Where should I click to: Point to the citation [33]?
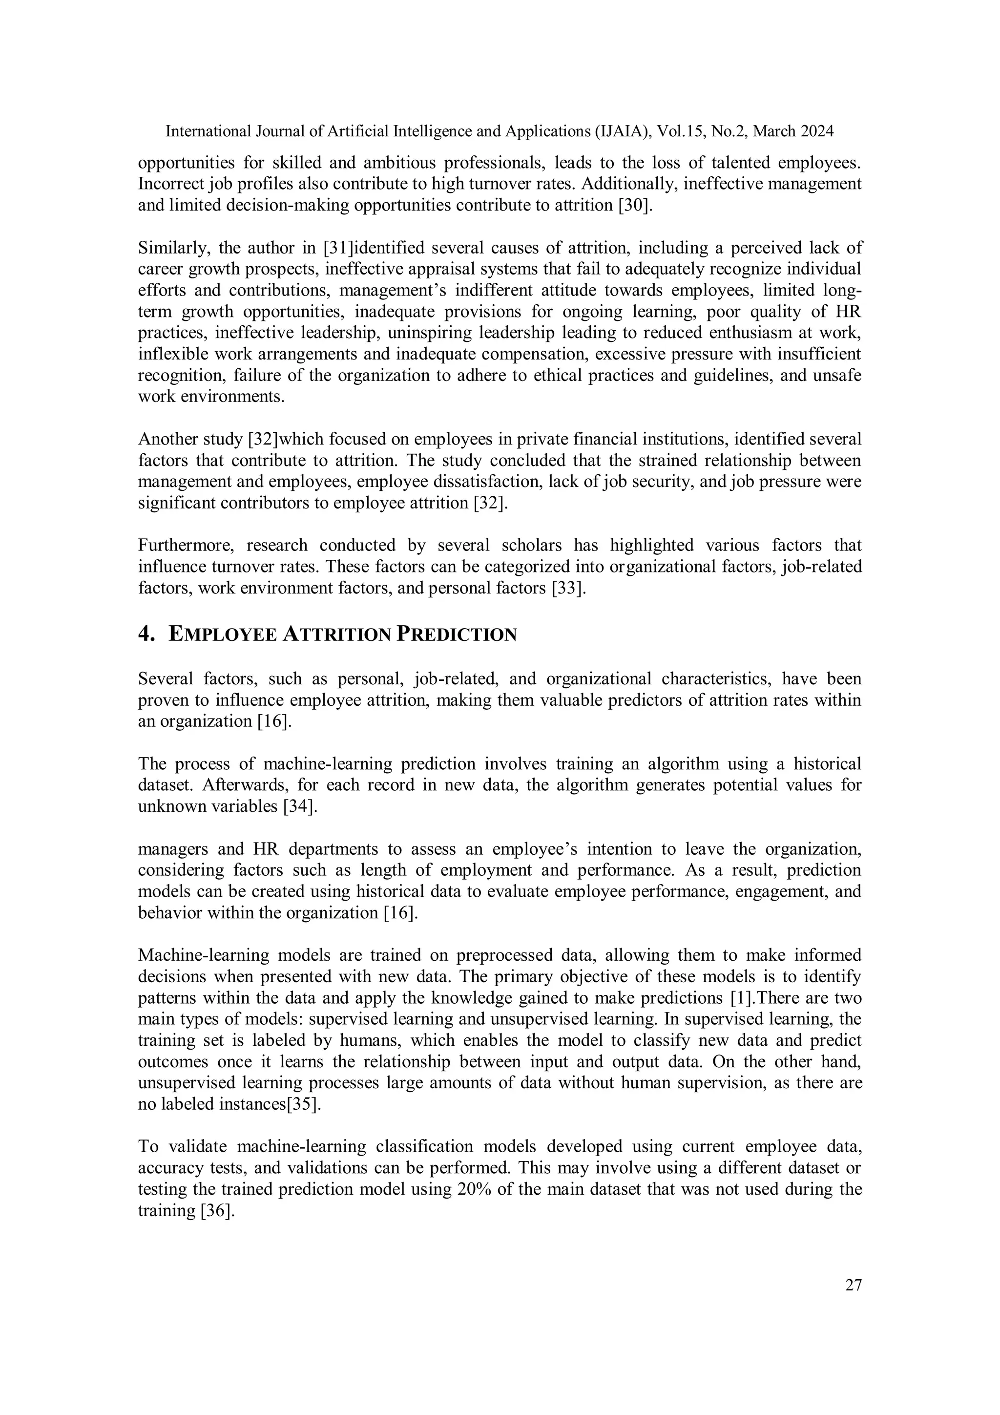tap(568, 588)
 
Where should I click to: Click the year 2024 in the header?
tap(817, 131)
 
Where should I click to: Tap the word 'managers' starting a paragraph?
tap(172, 849)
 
